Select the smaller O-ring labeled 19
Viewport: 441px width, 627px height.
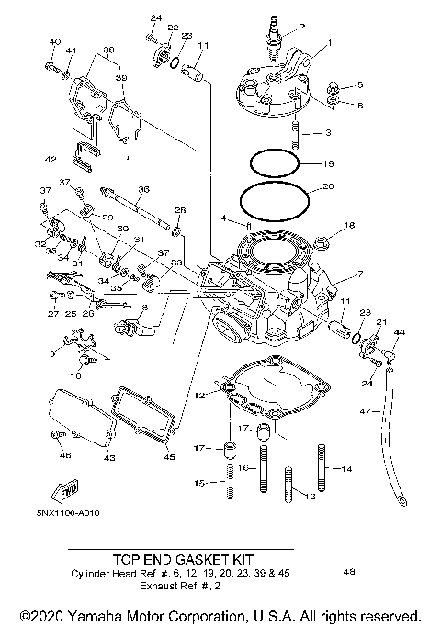276,164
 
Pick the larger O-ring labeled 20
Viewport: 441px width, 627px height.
274,197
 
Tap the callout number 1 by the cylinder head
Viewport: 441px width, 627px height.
331,42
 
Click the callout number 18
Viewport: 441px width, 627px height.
348,225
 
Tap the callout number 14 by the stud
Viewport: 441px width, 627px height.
346,469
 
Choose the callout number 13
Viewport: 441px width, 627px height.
310,496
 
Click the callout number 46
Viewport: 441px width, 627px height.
64,455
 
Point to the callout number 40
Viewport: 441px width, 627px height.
54,42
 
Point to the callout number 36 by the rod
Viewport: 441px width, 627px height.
142,189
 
